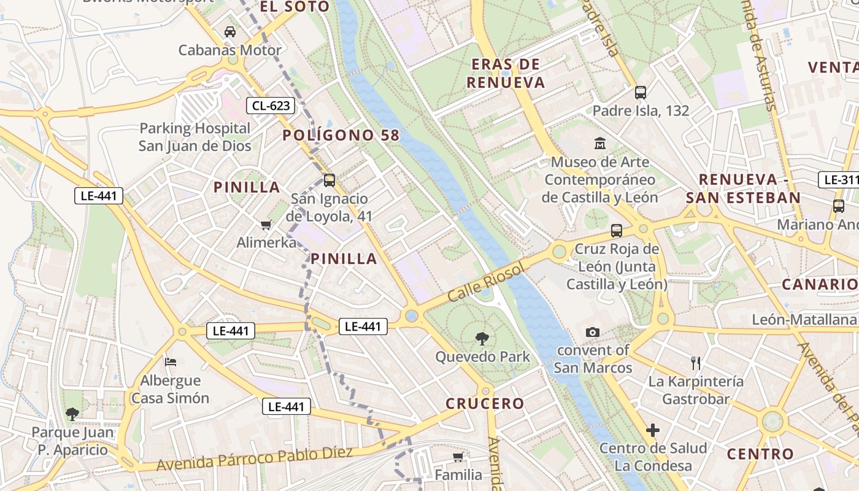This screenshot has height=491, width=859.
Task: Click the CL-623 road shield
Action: point(271,106)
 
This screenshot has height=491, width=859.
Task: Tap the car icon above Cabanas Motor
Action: point(230,31)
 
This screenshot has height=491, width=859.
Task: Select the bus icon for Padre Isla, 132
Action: point(641,93)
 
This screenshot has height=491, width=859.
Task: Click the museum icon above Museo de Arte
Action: point(599,144)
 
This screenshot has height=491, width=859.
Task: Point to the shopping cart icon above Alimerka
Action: point(266,225)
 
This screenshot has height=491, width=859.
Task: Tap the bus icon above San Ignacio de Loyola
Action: point(329,180)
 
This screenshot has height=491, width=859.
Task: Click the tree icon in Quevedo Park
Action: point(482,338)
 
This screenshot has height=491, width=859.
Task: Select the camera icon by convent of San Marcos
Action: point(592,332)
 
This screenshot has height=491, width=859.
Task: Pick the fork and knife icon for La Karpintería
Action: point(695,363)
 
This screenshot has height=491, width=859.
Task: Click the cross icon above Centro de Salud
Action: point(652,430)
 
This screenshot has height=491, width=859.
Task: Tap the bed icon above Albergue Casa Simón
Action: point(171,361)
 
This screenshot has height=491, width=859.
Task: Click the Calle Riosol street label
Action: point(487,282)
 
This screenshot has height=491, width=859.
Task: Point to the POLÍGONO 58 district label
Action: point(341,136)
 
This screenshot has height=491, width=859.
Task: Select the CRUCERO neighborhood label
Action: point(485,403)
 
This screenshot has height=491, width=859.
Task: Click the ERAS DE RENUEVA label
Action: point(506,73)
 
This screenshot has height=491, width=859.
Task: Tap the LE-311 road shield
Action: point(839,180)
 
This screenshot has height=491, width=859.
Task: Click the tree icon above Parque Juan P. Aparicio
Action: point(72,414)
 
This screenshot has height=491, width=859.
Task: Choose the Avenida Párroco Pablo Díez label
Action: point(255,459)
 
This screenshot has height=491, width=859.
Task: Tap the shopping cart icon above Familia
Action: point(458,457)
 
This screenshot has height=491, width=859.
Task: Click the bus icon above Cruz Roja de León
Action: point(617,231)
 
